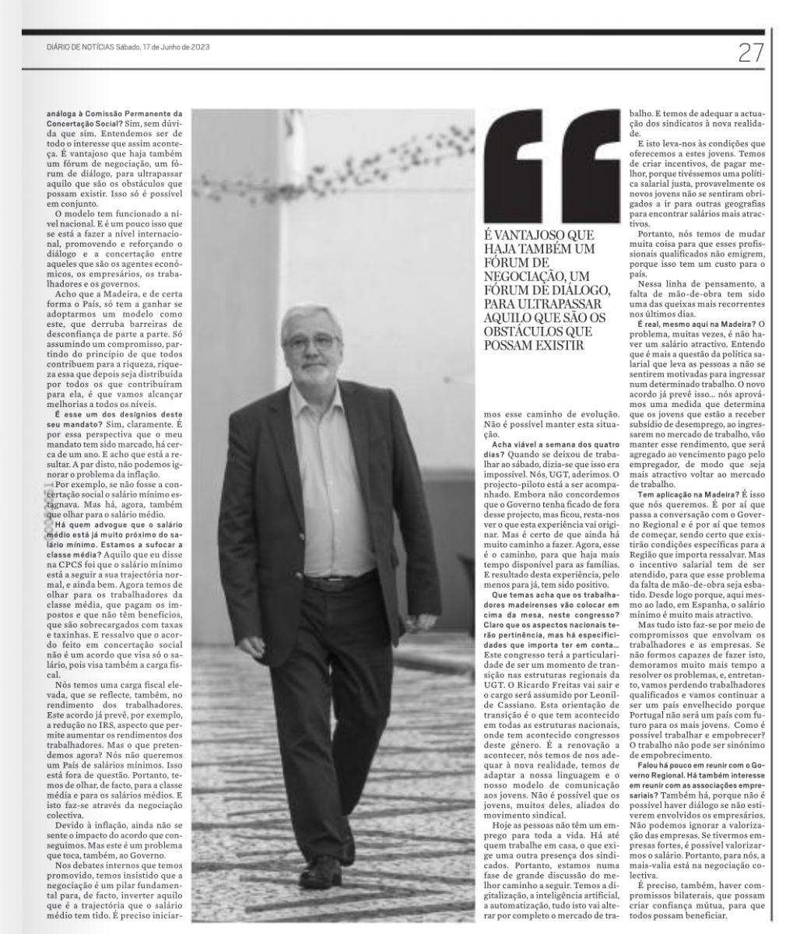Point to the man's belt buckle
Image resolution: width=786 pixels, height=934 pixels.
(336, 581)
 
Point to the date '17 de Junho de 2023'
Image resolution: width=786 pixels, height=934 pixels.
(176, 47)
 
